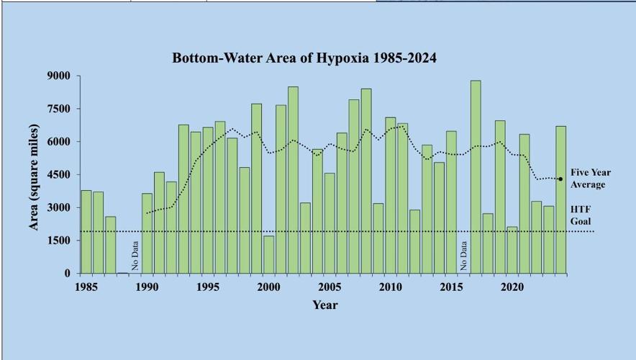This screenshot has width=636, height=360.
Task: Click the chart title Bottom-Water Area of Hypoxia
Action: [x=304, y=58]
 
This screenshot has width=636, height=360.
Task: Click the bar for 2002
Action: [x=293, y=180]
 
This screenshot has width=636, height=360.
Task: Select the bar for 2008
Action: [x=366, y=181]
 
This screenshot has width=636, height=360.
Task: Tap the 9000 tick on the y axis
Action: [x=58, y=76]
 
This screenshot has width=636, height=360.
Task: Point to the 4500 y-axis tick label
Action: [x=58, y=175]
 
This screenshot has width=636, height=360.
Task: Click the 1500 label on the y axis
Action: [x=58, y=240]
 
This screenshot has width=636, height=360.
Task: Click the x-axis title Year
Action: [x=324, y=305]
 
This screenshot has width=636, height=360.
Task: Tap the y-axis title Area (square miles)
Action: [x=34, y=177]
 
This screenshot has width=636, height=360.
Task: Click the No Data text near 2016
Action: [x=463, y=255]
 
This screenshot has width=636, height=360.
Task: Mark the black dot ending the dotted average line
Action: [x=560, y=179]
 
